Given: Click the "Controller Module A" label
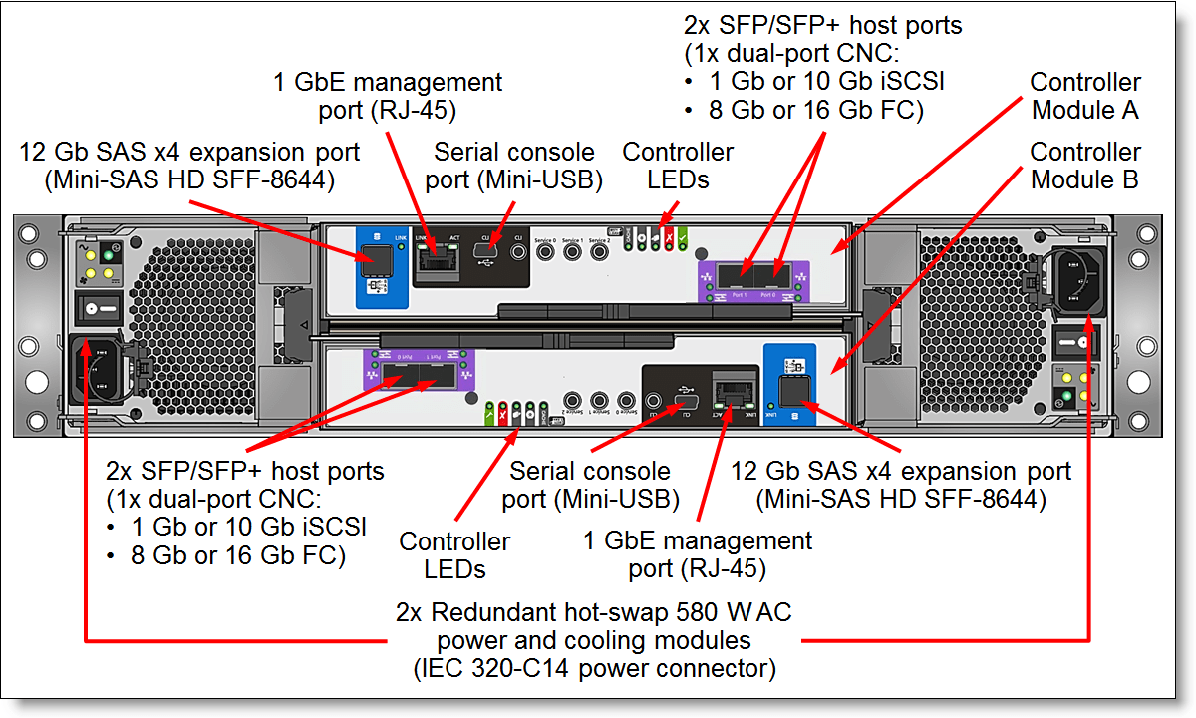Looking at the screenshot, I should click(1085, 96).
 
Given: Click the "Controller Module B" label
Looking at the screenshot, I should click(1085, 166).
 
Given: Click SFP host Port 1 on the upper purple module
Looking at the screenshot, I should click(737, 274).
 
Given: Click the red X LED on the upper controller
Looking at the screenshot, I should click(668, 238).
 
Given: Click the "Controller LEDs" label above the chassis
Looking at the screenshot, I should click(678, 166).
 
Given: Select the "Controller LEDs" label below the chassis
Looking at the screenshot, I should click(454, 555).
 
